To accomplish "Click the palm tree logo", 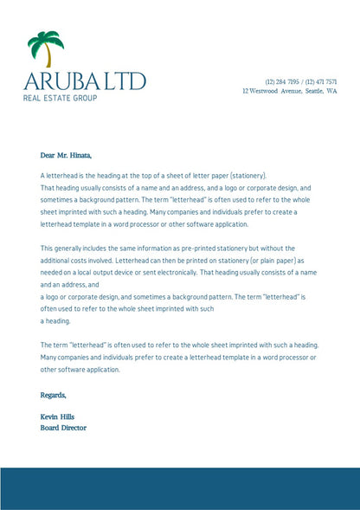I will click(x=46, y=48).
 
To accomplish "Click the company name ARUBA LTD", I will click(x=85, y=82).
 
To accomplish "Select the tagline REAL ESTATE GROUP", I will click(x=60, y=99).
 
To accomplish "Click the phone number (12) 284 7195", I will click(x=282, y=81).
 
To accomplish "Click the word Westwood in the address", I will click(x=267, y=90).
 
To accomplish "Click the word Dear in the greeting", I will click(x=48, y=156).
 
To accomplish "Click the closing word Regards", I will click(x=54, y=395).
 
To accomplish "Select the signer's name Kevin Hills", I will click(x=58, y=417).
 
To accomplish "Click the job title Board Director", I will click(x=63, y=427).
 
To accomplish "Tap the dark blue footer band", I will click(x=180, y=488).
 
